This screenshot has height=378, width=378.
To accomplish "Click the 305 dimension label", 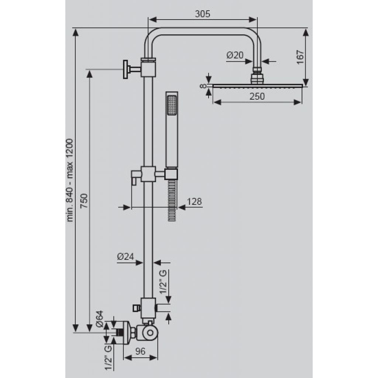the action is (203, 14).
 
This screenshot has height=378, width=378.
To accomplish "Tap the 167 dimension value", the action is (300, 57).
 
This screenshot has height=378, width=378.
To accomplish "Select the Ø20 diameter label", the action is (235, 55).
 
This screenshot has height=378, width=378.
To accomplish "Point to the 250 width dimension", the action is (257, 96).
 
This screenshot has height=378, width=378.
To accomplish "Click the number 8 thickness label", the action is (204, 86).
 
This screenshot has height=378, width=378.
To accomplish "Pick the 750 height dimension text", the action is (84, 201).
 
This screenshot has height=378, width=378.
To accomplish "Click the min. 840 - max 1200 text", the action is (69, 180).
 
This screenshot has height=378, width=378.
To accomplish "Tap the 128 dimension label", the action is (194, 201).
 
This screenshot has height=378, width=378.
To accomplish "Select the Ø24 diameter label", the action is (126, 257).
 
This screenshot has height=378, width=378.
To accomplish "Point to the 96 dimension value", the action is (140, 351).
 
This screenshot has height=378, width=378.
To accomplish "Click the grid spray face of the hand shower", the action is (172, 105).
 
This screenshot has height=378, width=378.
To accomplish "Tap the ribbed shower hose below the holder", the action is (172, 200).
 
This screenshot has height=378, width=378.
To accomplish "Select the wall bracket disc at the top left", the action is (126, 69).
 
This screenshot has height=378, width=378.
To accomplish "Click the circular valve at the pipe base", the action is (150, 333).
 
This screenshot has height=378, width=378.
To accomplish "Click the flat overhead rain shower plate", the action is (257, 86).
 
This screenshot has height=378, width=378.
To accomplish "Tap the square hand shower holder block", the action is (171, 174).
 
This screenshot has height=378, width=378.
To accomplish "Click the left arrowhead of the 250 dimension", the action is (217, 103).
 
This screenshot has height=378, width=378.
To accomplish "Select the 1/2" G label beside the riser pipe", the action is (163, 282).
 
